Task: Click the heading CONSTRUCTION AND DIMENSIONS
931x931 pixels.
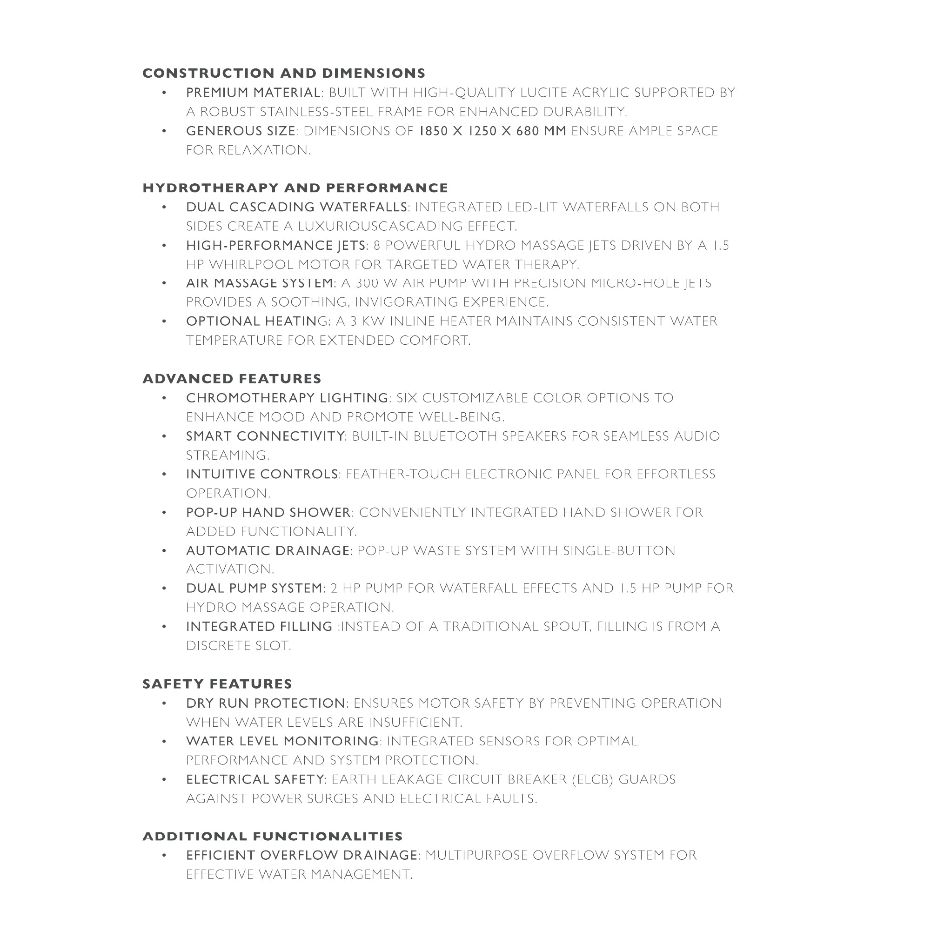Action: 284,73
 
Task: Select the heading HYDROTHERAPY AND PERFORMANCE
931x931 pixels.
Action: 295,188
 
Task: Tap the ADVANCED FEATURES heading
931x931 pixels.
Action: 232,379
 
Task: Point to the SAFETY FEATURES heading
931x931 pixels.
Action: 217,684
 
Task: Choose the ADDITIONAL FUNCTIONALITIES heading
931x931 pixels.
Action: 273,837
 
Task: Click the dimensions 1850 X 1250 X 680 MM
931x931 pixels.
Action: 492,131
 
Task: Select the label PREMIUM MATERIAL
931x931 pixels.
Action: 254,93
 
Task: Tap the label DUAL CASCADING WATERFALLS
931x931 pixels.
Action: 297,207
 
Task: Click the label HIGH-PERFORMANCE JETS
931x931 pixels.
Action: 275,246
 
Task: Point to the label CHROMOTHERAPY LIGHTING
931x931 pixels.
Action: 287,398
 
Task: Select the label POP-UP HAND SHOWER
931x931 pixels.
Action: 268,512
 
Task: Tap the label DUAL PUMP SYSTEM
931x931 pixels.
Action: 255,589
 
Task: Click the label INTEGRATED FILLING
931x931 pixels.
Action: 259,626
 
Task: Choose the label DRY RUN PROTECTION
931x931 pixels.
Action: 266,703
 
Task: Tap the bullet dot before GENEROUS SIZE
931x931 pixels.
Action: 164,131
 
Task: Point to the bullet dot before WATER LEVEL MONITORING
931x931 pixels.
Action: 164,741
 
